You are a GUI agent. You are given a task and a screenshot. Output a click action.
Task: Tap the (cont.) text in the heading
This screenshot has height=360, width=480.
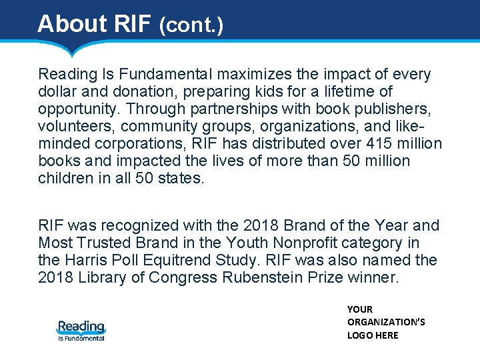[191, 25]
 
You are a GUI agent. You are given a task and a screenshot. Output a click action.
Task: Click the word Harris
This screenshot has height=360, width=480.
[87, 259]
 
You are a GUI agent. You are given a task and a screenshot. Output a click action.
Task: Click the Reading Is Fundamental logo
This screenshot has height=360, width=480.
[81, 330]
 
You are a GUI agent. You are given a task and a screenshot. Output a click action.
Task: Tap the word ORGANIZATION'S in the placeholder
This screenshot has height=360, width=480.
[386, 322]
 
